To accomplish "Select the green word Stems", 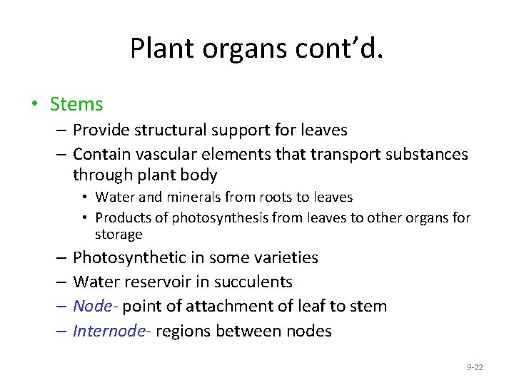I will pos(76,104).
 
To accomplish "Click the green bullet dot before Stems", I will pos(34,104).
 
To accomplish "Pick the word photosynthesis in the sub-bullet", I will pos(207,217).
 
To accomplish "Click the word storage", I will pos(119,235).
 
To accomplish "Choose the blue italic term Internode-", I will pos(110,331).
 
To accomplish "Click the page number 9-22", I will pos(475,367).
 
